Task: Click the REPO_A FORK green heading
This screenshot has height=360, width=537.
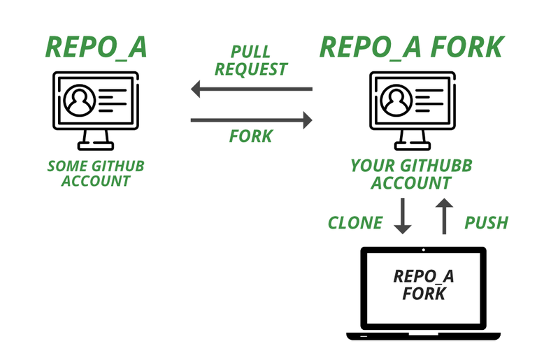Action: click(411, 45)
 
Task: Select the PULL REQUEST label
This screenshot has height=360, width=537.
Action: click(251, 61)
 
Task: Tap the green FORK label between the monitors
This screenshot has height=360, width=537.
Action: click(251, 136)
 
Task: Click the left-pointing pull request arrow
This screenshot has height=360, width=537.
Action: click(251, 89)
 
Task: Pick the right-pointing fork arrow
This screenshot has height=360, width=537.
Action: click(251, 120)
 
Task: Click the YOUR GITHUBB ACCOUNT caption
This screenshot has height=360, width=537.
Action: click(411, 174)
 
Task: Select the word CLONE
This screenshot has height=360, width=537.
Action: click(356, 223)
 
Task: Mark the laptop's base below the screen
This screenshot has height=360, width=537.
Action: click(424, 335)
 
